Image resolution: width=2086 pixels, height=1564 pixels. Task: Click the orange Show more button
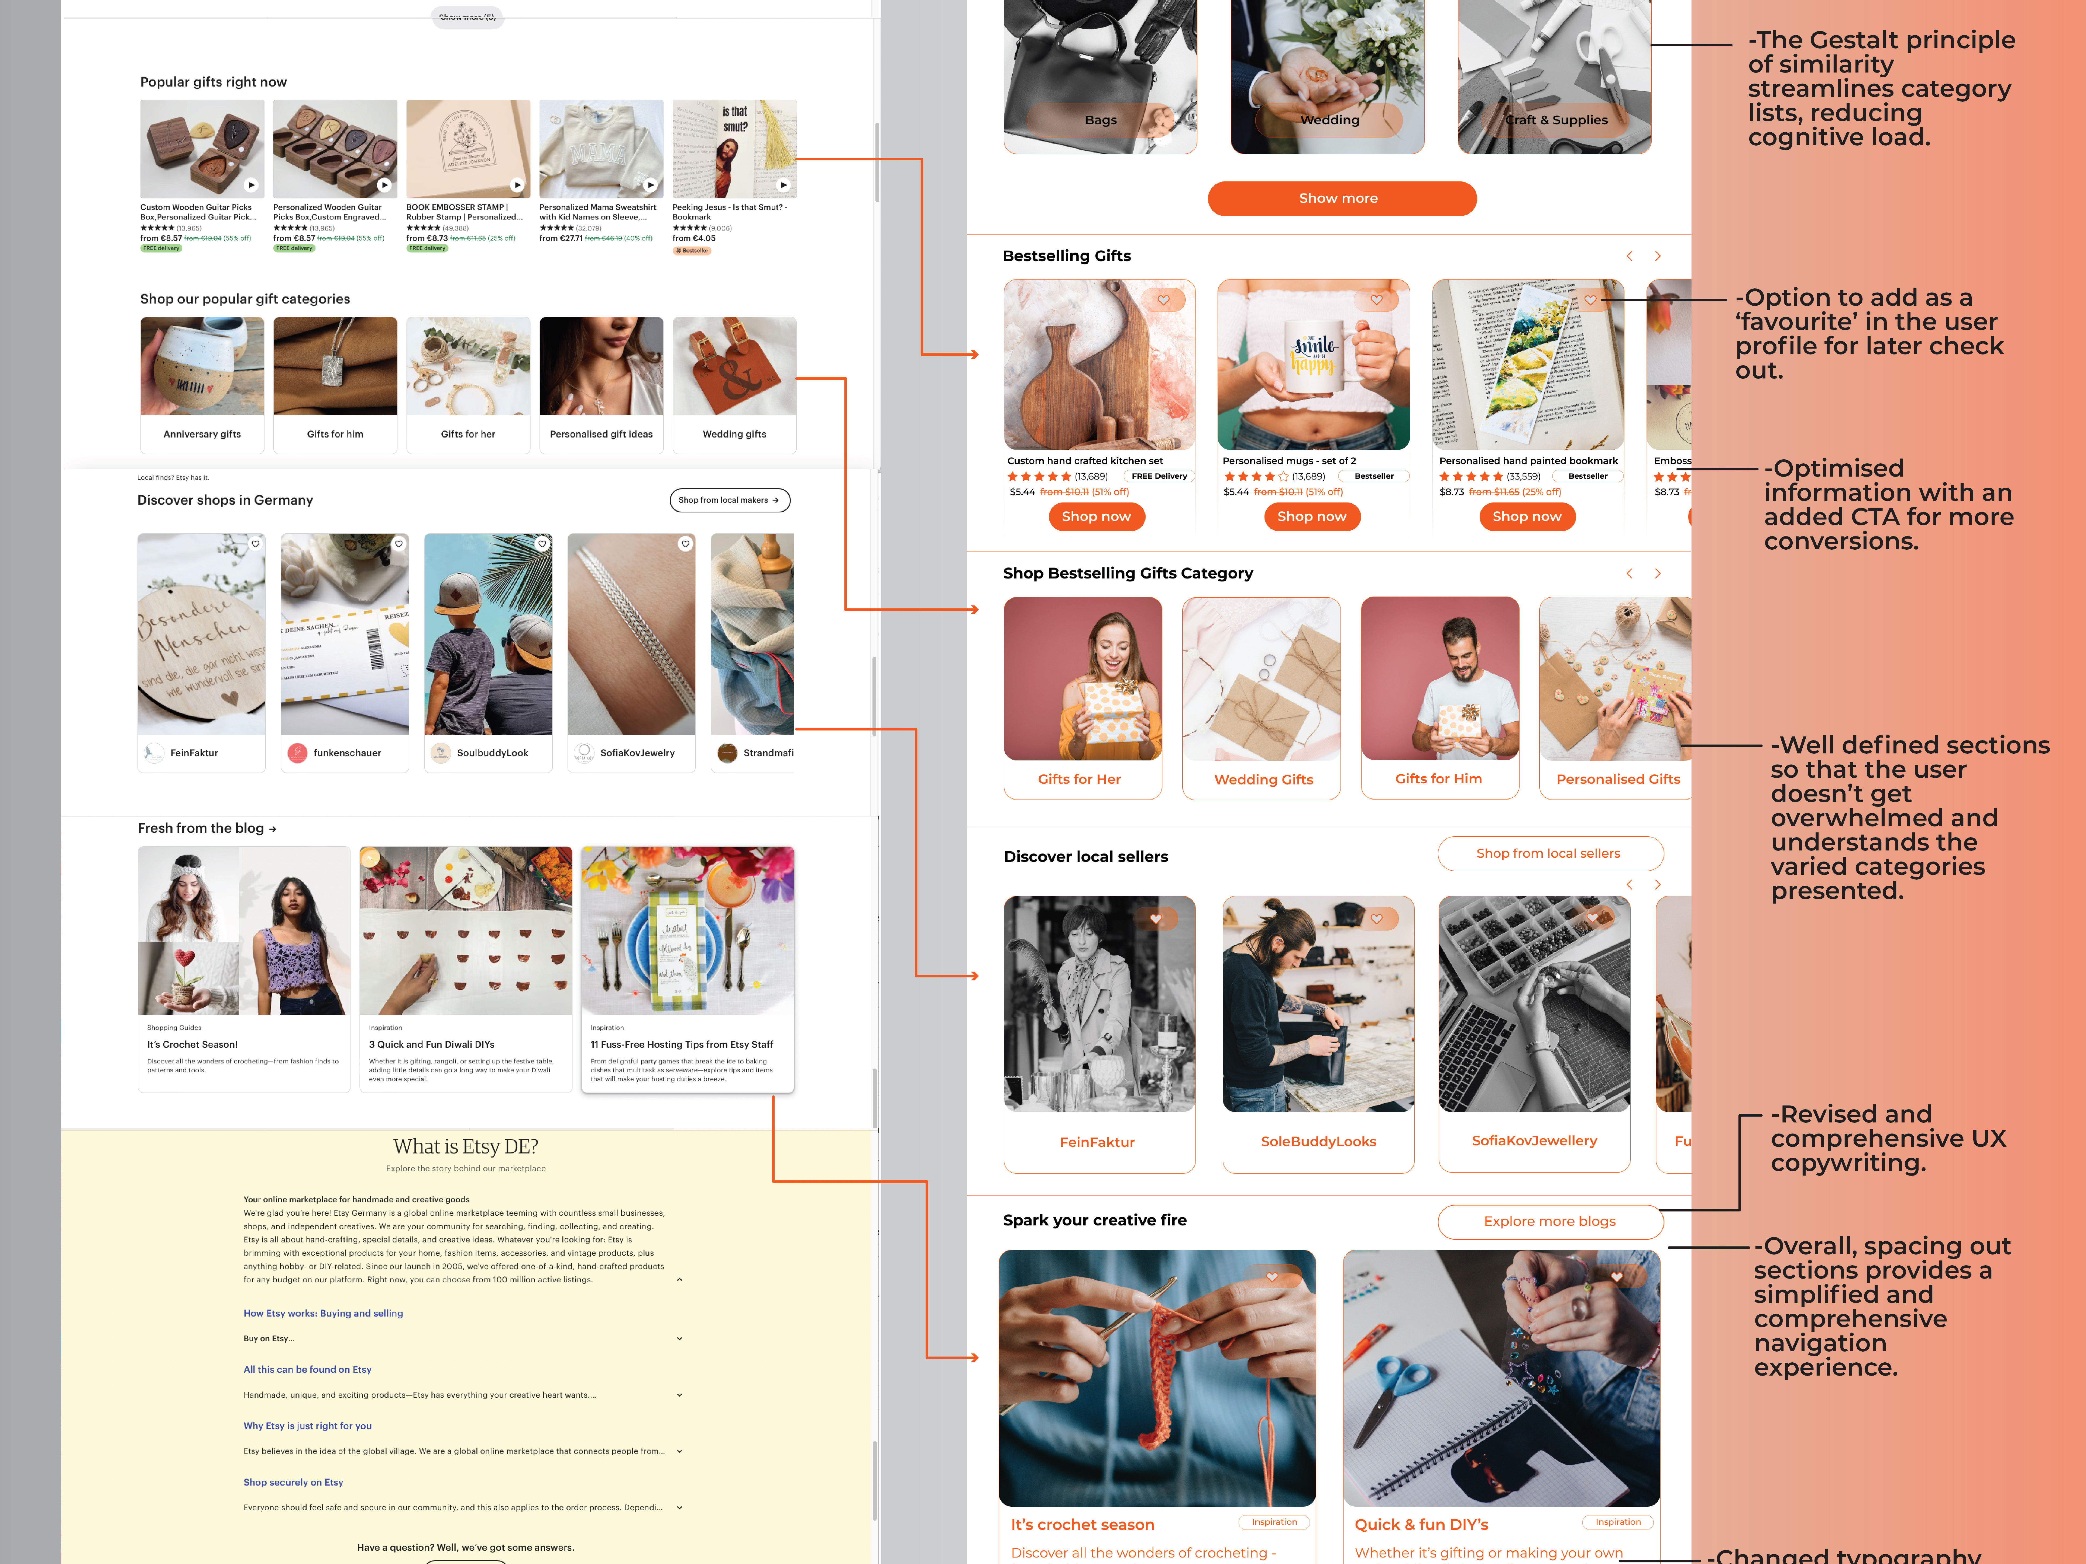tap(1341, 198)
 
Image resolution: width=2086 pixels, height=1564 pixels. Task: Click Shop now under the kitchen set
tap(1096, 517)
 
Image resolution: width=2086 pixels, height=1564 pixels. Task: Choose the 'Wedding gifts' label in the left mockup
tap(734, 435)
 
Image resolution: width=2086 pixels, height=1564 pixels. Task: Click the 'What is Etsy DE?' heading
tap(466, 1146)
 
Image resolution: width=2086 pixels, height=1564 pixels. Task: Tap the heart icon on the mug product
tap(1376, 300)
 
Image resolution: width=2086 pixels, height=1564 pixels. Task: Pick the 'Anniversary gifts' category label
tap(202, 435)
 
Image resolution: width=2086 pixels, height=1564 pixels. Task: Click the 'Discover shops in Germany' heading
tap(225, 501)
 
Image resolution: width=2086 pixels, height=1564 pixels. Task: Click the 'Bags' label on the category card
tap(1101, 120)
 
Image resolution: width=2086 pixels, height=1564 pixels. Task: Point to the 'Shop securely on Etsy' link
tap(293, 1483)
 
